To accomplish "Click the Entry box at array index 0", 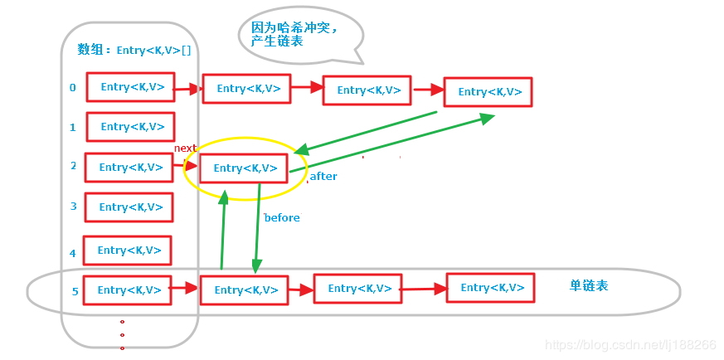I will pyautogui.click(x=130, y=87).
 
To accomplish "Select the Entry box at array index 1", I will pyautogui.click(x=130, y=127).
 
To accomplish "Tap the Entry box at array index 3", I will pyautogui.click(x=129, y=207).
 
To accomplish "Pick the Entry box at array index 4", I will pyautogui.click(x=128, y=251).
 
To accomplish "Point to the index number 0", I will pyautogui.click(x=73, y=87).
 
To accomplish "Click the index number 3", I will pyautogui.click(x=73, y=207).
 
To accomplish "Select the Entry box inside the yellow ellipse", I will pyautogui.click(x=244, y=168).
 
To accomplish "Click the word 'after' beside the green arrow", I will pyautogui.click(x=323, y=177).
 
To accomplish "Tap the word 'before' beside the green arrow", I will pyautogui.click(x=282, y=217).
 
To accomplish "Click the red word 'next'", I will pyautogui.click(x=185, y=148).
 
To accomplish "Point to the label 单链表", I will pyautogui.click(x=589, y=285).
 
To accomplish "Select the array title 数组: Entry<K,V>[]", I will pyautogui.click(x=134, y=50).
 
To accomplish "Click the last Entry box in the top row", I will pyautogui.click(x=488, y=92).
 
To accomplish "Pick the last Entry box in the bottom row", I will pyautogui.click(x=491, y=288).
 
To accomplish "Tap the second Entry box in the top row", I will pyautogui.click(x=246, y=89).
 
